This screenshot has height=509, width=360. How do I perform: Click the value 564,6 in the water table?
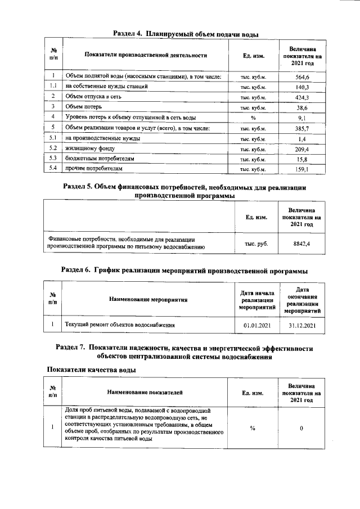(x=303, y=76)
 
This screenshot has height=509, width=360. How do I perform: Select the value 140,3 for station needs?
(x=303, y=87)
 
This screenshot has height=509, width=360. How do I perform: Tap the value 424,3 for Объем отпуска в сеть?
(x=303, y=97)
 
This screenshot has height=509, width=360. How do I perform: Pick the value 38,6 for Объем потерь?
(x=303, y=107)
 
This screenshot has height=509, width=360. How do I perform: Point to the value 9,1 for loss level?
(x=303, y=118)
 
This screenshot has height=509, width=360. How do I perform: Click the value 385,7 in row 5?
(x=303, y=128)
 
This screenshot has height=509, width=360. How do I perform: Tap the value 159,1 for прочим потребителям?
(x=303, y=169)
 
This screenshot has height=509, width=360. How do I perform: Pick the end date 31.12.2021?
(x=302, y=325)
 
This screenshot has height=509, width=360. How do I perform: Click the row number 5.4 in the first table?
(x=52, y=169)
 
